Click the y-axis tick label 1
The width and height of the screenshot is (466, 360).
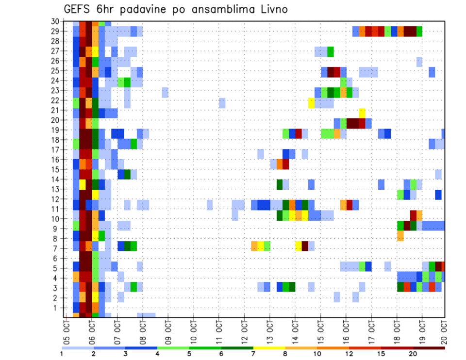(x=56, y=308)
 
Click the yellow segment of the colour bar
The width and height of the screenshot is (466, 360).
(x=269, y=348)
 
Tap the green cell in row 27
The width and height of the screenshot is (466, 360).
(x=331, y=51)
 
